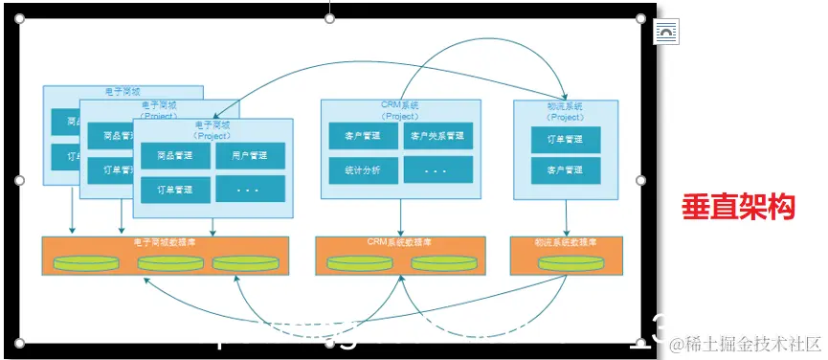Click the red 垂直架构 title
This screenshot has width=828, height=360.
[x=738, y=206]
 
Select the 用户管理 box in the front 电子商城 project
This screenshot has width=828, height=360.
[x=250, y=155]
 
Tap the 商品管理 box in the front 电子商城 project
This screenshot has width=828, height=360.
[x=175, y=155]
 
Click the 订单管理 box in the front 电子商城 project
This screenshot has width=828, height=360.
[x=175, y=189]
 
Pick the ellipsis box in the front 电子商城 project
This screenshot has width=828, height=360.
[x=250, y=189]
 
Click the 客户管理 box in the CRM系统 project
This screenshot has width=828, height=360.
[x=363, y=136]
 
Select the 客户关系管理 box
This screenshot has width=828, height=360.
[x=437, y=136]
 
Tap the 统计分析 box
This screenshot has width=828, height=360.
[x=363, y=170]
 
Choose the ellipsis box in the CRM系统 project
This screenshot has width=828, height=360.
[x=437, y=170]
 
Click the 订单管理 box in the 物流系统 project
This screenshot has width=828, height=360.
[x=566, y=139]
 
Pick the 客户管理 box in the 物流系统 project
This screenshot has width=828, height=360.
[x=566, y=170]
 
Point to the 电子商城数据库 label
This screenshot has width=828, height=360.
[x=167, y=242]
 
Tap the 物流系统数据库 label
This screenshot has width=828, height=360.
[x=567, y=242]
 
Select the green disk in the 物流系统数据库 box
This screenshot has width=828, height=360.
[x=567, y=262]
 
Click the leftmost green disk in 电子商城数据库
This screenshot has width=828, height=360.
[x=82, y=262]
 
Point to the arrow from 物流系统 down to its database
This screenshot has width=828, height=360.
[x=567, y=216]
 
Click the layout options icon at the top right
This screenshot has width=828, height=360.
[x=666, y=32]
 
